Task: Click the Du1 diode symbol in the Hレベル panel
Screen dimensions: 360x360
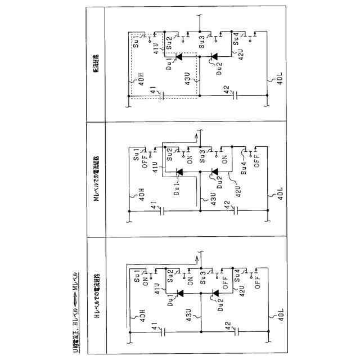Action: click(179, 292)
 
